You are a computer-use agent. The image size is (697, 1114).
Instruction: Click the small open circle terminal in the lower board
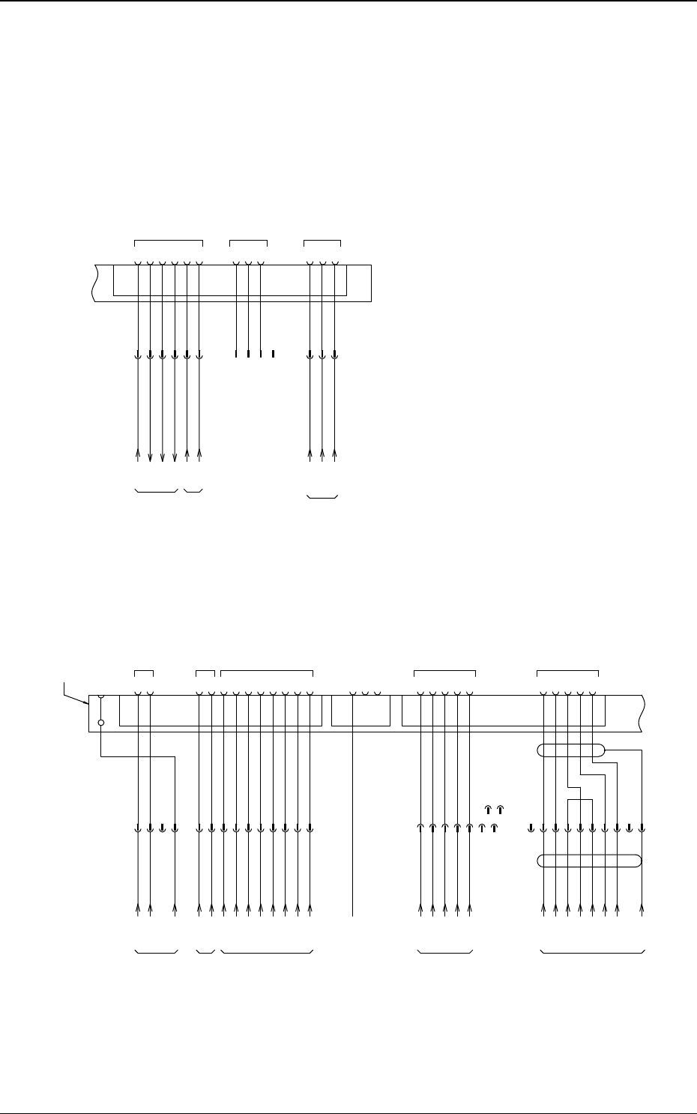pyautogui.click(x=101, y=723)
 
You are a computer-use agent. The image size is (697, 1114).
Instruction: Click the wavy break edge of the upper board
pyautogui.click(x=93, y=283)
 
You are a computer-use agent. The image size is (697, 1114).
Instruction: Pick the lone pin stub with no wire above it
pyautogui.click(x=274, y=353)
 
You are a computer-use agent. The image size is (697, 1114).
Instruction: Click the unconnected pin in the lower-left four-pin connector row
pyautogui.click(x=162, y=828)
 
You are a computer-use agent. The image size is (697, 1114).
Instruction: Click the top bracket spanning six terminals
pyautogui.click(x=169, y=241)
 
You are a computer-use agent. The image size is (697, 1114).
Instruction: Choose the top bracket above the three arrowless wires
pyautogui.click(x=248, y=241)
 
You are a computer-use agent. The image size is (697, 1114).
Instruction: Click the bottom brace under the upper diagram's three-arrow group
pyautogui.click(x=322, y=497)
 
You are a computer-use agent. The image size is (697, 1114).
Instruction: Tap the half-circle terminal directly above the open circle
pyautogui.click(x=101, y=696)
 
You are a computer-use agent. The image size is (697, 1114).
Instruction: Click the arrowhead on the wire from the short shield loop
pyautogui.click(x=642, y=912)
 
